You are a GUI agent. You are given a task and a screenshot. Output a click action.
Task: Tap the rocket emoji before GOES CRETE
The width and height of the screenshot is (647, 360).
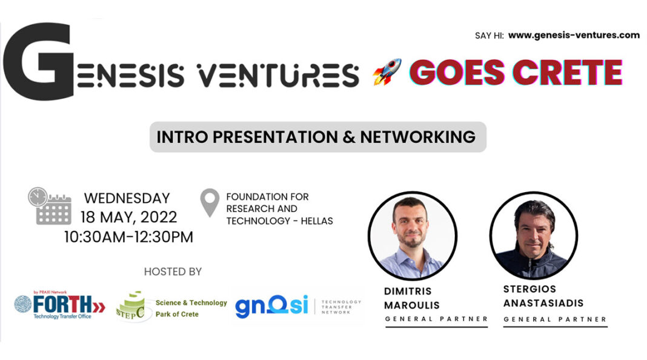pyautogui.click(x=387, y=72)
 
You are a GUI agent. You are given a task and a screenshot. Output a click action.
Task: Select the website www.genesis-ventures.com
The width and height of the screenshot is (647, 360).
pyautogui.click(x=574, y=35)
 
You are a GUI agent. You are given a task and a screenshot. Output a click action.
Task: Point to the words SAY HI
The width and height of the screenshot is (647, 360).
pyautogui.click(x=489, y=36)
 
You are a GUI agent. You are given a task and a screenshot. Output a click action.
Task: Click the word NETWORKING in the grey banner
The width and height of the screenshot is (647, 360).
pyautogui.click(x=417, y=137)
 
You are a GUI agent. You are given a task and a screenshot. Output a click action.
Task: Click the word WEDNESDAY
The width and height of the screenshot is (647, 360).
pyautogui.click(x=127, y=198)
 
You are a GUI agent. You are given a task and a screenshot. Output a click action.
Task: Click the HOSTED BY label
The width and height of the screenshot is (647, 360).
pyautogui.click(x=173, y=272)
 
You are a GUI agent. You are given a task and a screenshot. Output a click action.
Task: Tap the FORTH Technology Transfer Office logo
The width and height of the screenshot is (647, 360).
pyautogui.click(x=59, y=305)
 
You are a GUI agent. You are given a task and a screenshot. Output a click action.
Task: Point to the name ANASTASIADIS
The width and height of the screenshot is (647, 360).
pyautogui.click(x=543, y=302)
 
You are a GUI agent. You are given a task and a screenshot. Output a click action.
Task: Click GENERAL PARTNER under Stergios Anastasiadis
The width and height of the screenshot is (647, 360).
pyautogui.click(x=555, y=319)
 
